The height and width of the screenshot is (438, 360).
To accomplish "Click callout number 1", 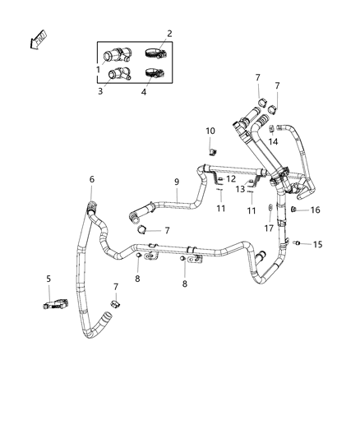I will (x=99, y=69).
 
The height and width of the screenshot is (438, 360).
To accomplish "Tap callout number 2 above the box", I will (x=169, y=33).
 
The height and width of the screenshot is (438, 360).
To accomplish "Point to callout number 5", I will (x=48, y=279).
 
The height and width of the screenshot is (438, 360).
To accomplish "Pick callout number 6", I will (x=91, y=179).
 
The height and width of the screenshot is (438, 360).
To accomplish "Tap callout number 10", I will (x=210, y=131).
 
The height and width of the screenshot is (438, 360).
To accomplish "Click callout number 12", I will (x=231, y=179).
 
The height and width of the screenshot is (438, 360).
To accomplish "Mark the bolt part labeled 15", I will (x=299, y=243).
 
